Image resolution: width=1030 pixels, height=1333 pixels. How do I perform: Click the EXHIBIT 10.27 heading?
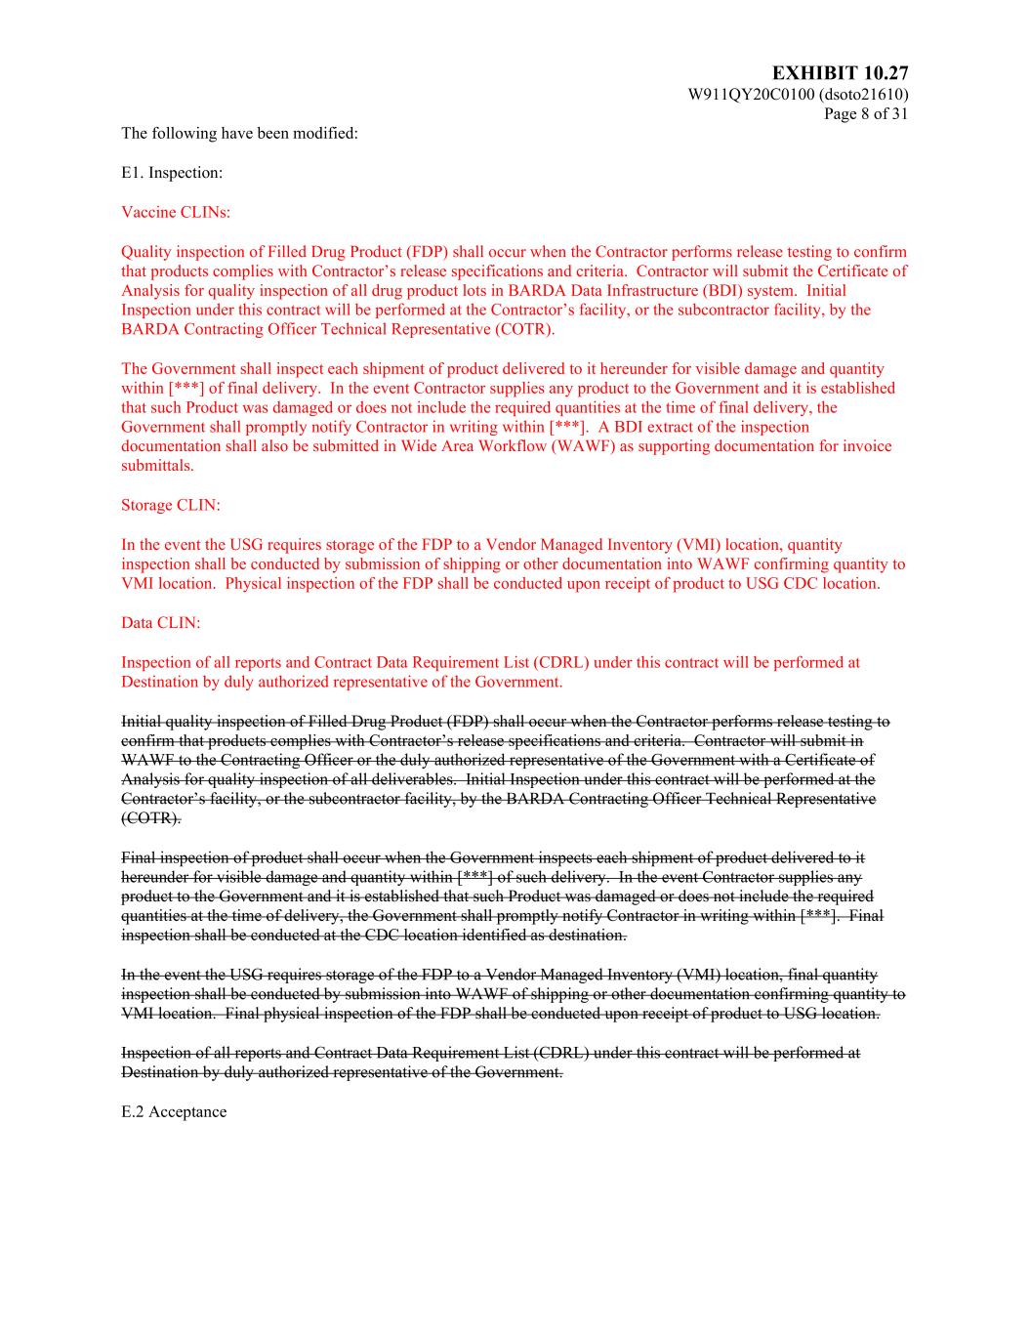tap(840, 73)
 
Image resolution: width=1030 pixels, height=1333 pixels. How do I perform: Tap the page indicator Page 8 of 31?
tap(866, 114)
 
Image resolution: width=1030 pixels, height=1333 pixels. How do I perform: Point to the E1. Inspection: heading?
tap(172, 173)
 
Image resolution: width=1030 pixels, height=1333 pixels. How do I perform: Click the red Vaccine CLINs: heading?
tap(176, 212)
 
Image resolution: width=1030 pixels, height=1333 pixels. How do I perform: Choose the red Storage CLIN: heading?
tap(171, 505)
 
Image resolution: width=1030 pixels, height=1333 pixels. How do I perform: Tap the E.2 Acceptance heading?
tap(174, 1111)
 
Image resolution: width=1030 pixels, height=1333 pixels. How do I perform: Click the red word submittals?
tap(157, 466)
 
